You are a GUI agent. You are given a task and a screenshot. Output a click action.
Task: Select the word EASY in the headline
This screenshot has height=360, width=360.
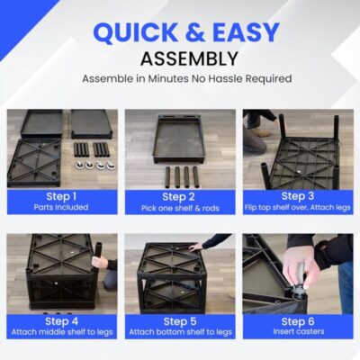pos(246,32)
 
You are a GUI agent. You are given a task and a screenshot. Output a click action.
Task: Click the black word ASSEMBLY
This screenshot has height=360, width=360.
pos(189,58)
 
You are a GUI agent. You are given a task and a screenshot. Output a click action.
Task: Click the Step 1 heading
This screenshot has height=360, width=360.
pos(61,197)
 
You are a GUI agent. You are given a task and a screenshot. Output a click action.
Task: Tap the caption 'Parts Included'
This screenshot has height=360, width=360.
pos(61,207)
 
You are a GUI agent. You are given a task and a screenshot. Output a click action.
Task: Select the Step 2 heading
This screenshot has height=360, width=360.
pos(178,197)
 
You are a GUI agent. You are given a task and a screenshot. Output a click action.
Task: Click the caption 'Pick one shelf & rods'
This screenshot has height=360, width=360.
pos(180,208)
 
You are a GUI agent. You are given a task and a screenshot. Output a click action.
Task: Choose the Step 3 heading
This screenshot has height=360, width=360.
pos(298,196)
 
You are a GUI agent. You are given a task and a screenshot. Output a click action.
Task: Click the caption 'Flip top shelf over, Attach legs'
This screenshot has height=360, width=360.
pos(298,207)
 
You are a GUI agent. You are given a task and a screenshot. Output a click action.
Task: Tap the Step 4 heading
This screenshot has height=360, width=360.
pos(61,321)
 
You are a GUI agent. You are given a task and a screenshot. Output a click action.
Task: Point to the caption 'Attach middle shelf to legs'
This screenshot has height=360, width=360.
pos(62,332)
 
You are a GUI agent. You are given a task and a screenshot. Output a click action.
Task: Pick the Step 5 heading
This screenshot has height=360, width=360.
pos(180,321)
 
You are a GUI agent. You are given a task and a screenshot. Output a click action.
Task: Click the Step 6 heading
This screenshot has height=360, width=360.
pos(298,321)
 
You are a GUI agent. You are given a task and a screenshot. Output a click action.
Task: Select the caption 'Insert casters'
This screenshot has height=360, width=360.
pos(299,331)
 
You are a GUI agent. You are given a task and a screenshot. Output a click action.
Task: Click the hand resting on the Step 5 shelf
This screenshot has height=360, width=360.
pos(196,247)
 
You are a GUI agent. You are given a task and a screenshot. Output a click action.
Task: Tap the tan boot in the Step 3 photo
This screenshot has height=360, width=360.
pos(259,132)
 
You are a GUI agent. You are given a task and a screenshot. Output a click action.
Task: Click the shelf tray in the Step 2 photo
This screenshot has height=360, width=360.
pos(179,139)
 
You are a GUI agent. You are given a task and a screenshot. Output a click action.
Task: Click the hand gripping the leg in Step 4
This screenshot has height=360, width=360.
pos(100,262)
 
